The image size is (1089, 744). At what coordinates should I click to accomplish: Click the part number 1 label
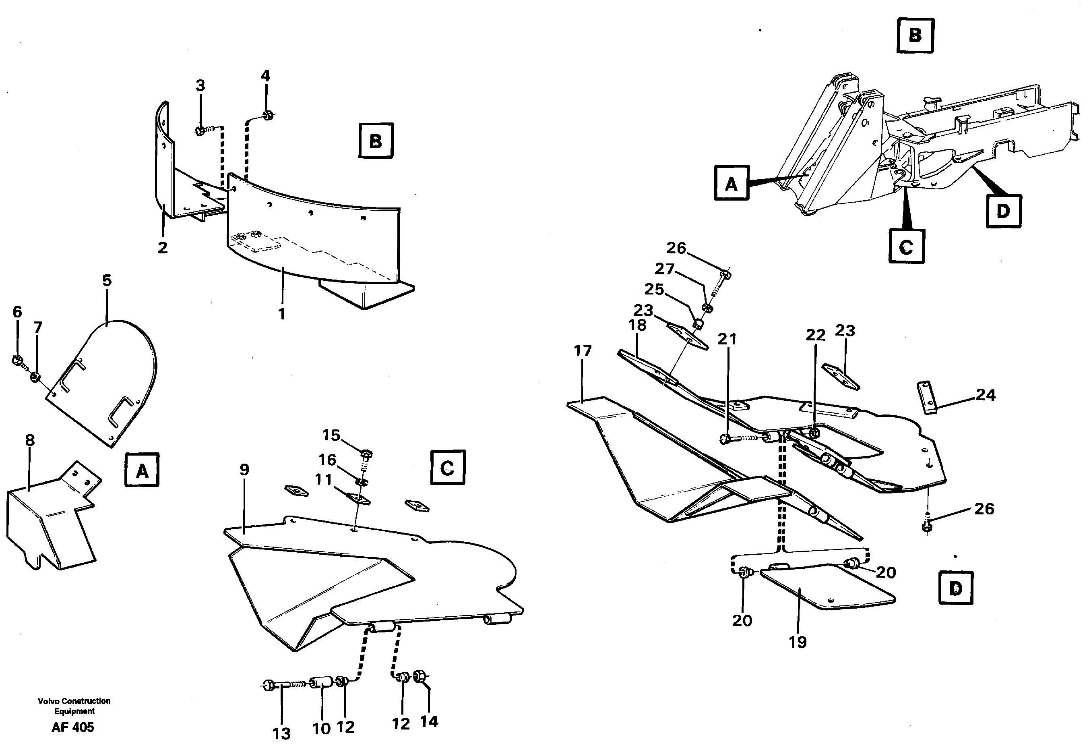[x=282, y=314]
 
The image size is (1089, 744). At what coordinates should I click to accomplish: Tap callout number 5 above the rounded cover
[x=107, y=281]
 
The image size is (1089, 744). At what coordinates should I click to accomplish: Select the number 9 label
[x=244, y=470]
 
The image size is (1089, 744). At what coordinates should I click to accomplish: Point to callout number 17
[x=583, y=351]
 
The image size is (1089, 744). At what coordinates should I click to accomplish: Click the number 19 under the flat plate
[x=798, y=642]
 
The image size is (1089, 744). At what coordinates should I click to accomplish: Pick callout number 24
[x=986, y=395]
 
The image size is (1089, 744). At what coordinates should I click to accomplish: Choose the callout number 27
[x=664, y=269]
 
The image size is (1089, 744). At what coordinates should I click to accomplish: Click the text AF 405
[x=72, y=727]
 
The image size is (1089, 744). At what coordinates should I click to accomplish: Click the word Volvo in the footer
[x=49, y=701]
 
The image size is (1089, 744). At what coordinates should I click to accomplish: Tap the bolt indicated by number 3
[x=200, y=131]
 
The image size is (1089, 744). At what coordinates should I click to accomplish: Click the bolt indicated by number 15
[x=366, y=454]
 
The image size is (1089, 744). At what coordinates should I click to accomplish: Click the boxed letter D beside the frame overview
[x=1003, y=211]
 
